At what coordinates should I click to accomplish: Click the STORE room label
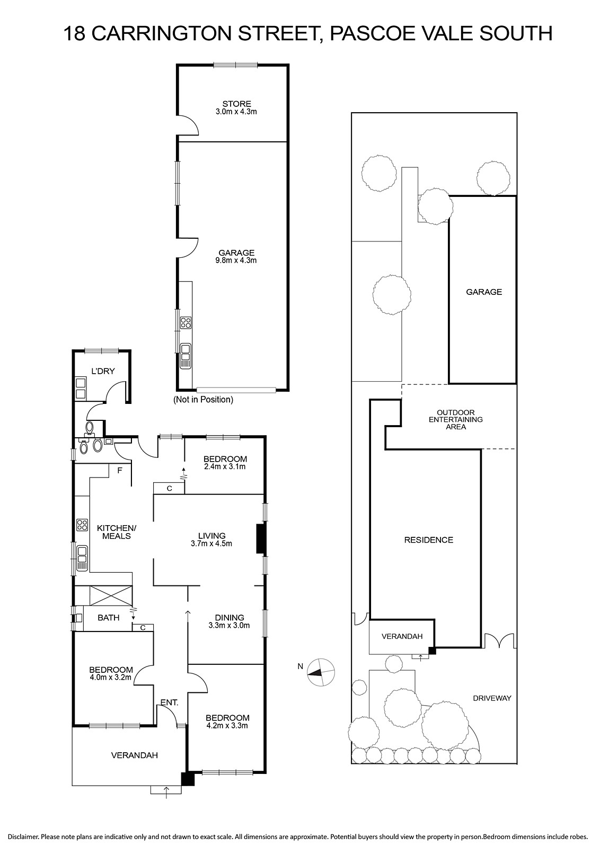pyautogui.click(x=236, y=104)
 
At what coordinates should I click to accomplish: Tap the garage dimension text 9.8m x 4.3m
pyautogui.click(x=236, y=260)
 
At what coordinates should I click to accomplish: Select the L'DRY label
pyautogui.click(x=103, y=371)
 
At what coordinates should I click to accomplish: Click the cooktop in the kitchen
pyautogui.click(x=82, y=525)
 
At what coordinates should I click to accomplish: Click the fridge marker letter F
pyautogui.click(x=120, y=471)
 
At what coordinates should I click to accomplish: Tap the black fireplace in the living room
pyautogui.click(x=261, y=539)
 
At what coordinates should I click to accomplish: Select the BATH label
pyautogui.click(x=109, y=617)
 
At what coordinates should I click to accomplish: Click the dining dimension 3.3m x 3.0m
pyautogui.click(x=229, y=625)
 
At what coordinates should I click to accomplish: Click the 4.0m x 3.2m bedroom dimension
pyautogui.click(x=111, y=677)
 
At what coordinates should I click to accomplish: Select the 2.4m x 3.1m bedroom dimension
pyautogui.click(x=225, y=466)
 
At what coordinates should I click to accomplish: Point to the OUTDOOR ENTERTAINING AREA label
pyautogui.click(x=456, y=419)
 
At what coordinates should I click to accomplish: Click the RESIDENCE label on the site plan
pyautogui.click(x=428, y=540)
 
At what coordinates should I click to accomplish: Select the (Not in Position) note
pyautogui.click(x=204, y=400)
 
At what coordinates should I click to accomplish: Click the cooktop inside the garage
pyautogui.click(x=186, y=322)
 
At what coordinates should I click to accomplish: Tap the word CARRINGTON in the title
pyautogui.click(x=161, y=34)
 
